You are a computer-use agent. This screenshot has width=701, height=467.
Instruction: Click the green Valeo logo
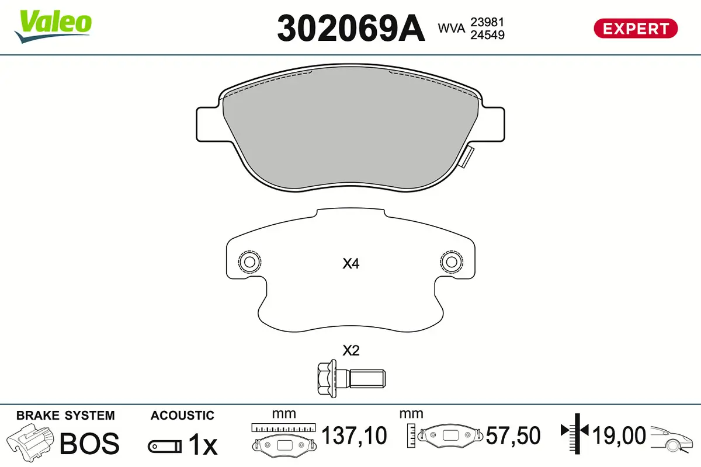(53, 26)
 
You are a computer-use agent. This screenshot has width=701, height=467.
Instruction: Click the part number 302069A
(351, 29)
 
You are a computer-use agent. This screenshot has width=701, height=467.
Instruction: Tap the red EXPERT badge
(636, 29)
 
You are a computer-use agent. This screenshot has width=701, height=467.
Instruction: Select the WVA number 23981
(487, 22)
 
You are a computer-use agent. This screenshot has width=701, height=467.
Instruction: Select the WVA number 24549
(487, 35)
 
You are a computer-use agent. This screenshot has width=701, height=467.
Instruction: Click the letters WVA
(451, 29)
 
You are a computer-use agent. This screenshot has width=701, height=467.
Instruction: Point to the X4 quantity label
(351, 264)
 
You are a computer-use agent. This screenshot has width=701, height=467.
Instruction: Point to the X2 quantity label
(351, 351)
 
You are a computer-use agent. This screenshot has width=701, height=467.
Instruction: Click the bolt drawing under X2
(352, 379)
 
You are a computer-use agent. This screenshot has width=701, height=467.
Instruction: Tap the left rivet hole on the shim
(249, 262)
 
